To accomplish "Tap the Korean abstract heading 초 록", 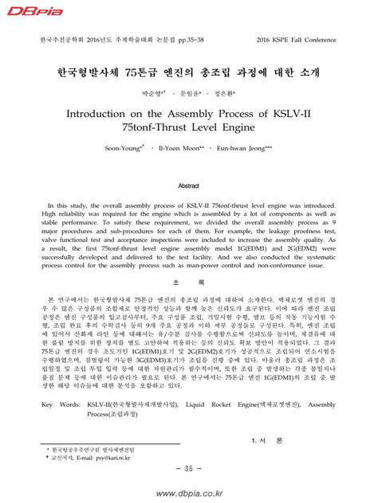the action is point(188,283).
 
